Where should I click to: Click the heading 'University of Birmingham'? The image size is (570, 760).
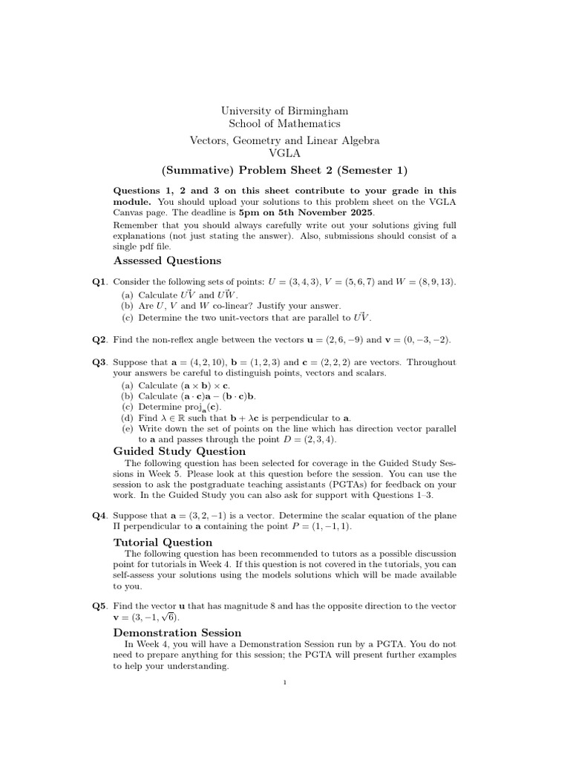(285, 111)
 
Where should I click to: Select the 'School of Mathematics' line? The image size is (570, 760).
(285, 124)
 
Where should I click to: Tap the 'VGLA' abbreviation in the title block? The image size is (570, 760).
(285, 153)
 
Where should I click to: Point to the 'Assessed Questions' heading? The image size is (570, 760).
(167, 261)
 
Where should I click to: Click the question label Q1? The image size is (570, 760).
(100, 282)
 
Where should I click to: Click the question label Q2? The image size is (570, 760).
(100, 339)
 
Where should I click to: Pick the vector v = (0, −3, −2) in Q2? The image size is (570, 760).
(418, 339)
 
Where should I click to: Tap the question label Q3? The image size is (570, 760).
(100, 362)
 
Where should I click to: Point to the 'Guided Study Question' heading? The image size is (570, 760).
(179, 451)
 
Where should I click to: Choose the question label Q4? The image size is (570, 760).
(100, 515)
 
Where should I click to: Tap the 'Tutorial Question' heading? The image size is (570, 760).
(162, 543)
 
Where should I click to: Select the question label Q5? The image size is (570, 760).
(100, 606)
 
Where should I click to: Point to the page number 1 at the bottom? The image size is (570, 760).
(285, 684)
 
